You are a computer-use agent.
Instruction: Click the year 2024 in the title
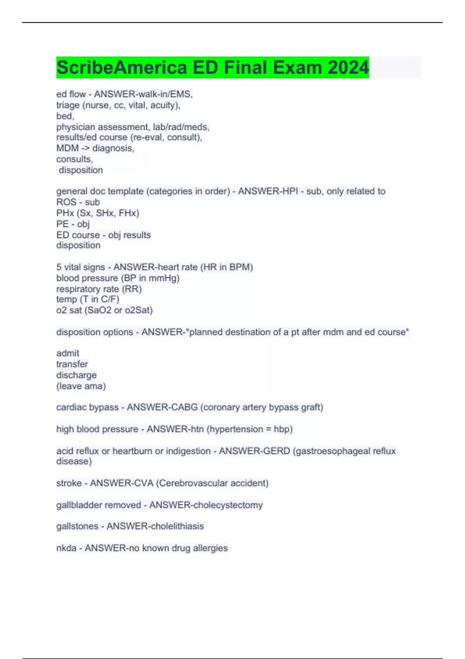348,68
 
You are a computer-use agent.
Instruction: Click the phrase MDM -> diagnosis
95,148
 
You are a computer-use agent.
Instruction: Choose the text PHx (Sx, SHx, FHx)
98,213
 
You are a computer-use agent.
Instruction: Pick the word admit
68,353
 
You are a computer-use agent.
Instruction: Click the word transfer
72,364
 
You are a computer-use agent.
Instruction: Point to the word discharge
76,375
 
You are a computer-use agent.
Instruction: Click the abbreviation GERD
276,451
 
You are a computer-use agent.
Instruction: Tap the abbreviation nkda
66,548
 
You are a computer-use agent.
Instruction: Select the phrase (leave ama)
81,386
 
